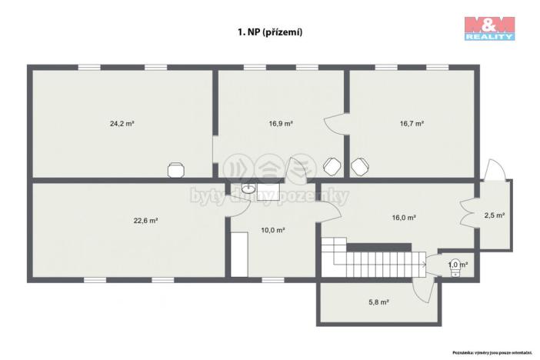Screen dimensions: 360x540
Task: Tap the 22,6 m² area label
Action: point(145,221)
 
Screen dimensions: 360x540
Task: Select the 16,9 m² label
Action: point(280,122)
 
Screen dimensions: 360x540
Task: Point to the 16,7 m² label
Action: point(412,122)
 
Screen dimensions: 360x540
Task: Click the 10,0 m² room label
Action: point(273,230)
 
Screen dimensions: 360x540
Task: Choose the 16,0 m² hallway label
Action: point(404,218)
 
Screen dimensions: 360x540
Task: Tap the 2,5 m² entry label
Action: point(495,215)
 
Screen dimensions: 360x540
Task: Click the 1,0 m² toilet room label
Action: point(458,264)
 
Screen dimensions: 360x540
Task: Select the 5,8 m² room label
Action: point(378,302)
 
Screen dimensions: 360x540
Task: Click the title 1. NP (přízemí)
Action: point(268,33)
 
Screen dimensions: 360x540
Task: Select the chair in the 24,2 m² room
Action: point(177,168)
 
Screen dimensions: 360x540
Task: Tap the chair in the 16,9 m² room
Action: point(332,166)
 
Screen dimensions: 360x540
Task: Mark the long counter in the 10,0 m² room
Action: point(239,253)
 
